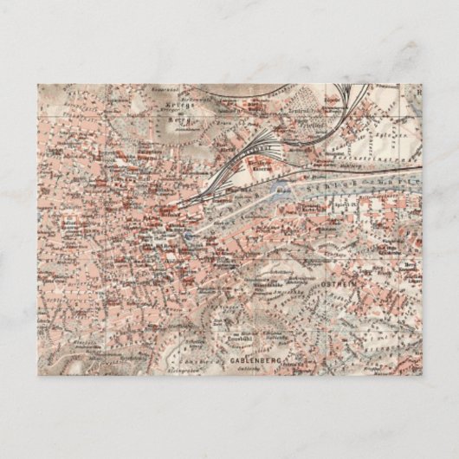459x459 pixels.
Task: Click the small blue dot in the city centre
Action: (x=185, y=232)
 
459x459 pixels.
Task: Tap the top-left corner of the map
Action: (x=37, y=84)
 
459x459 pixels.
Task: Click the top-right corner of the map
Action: (x=423, y=84)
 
